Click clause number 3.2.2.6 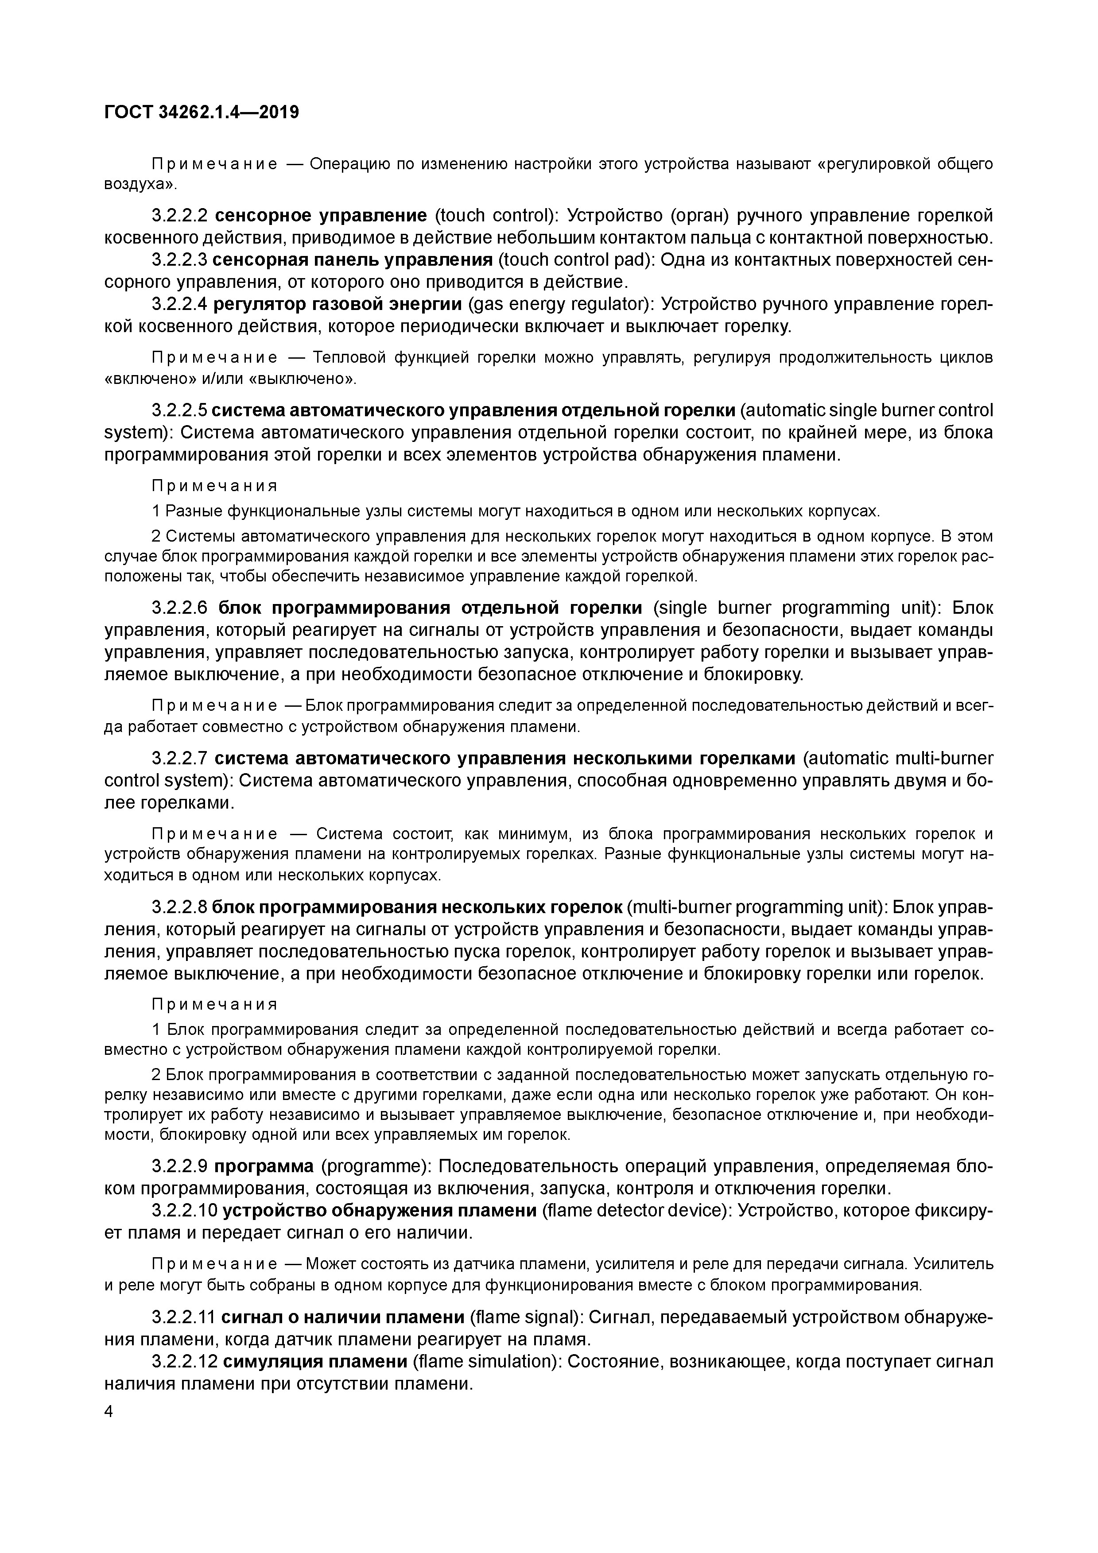click(179, 608)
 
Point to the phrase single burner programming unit click(795, 608)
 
